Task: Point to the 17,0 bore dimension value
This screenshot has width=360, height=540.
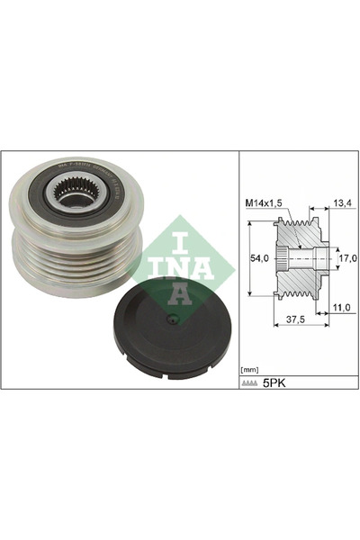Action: (346, 258)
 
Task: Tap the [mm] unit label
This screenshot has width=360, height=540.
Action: (248, 370)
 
